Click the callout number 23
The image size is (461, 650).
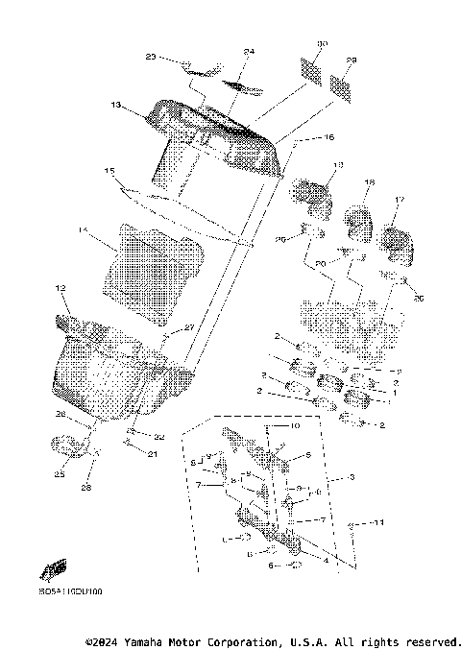[150, 58]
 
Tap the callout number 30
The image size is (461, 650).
[323, 44]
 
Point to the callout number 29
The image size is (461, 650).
[352, 60]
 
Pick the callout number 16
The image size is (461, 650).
[328, 138]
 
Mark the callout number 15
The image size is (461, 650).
[109, 172]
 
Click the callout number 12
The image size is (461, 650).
[60, 287]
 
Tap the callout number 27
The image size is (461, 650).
[189, 327]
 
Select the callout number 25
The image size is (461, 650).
[59, 473]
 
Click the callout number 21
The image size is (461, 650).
[152, 454]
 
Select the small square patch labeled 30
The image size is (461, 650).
[310, 70]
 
